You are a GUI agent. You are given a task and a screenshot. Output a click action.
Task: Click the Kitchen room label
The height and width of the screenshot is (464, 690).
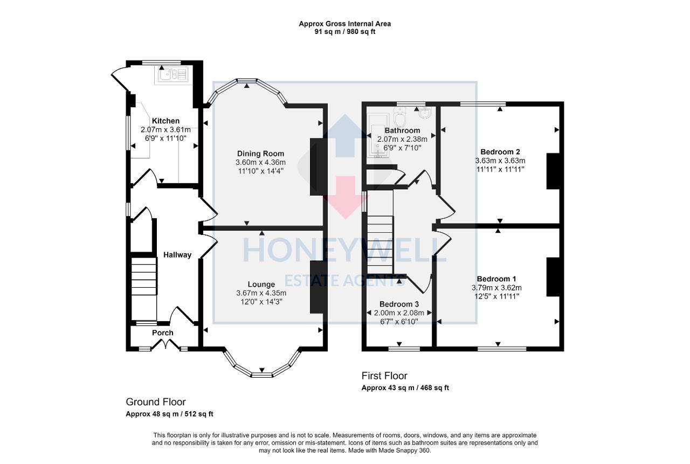pyautogui.click(x=165, y=121)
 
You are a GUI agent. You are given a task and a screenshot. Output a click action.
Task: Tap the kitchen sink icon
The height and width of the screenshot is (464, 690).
pyautogui.click(x=171, y=74)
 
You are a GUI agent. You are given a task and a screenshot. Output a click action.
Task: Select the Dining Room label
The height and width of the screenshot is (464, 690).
pyautogui.click(x=260, y=154)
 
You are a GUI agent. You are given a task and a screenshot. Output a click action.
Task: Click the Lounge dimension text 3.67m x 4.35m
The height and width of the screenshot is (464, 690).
pyautogui.click(x=261, y=293)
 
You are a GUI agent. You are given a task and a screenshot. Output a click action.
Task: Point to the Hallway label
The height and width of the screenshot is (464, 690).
pyautogui.click(x=177, y=255)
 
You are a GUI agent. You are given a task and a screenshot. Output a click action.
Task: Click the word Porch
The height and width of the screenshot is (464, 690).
pyautogui.click(x=162, y=333)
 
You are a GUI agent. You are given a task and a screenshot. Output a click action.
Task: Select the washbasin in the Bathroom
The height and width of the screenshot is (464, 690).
pyautogui.click(x=425, y=112)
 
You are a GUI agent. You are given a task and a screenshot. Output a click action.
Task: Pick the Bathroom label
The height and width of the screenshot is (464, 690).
pyautogui.click(x=402, y=130)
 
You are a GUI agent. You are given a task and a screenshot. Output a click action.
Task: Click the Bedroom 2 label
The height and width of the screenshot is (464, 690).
pyautogui.click(x=500, y=151)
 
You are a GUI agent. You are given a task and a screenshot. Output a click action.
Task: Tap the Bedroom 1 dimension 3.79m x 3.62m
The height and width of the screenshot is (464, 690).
pyautogui.click(x=496, y=287)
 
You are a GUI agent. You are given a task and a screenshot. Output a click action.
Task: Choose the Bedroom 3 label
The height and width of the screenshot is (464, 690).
pyautogui.click(x=399, y=303)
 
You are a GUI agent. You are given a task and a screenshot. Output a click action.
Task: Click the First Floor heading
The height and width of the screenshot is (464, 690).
pyautogui.click(x=384, y=376)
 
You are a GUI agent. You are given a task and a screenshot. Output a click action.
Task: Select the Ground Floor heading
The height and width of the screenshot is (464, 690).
pyautogui.click(x=156, y=401)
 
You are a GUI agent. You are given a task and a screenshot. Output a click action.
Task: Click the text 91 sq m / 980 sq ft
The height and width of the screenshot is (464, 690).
pyautogui.click(x=345, y=31)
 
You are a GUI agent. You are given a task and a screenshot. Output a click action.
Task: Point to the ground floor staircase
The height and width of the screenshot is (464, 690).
pyautogui.click(x=144, y=276)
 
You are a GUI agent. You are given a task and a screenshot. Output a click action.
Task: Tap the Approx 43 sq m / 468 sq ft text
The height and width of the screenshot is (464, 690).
pyautogui.click(x=405, y=387)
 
